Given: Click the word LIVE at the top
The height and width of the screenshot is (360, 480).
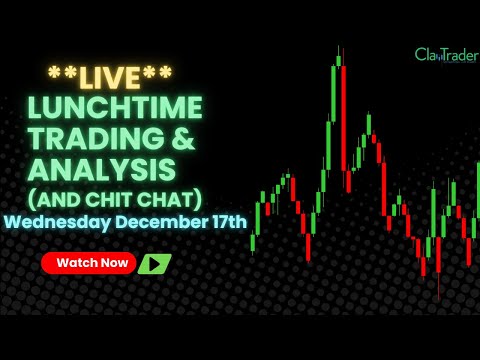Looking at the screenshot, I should click(110, 77).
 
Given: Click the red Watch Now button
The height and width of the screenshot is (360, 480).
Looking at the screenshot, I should click(91, 263).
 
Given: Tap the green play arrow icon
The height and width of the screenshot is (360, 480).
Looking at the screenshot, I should click(154, 264).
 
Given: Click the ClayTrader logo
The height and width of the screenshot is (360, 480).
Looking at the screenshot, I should click(446, 55).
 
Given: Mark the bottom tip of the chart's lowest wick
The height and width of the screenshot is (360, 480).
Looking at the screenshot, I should click(438, 298).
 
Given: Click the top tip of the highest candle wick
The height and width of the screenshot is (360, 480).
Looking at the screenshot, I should click(338, 45).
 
